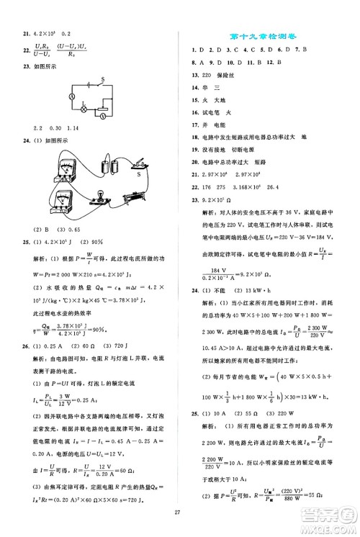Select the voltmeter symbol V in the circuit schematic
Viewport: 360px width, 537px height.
tap(105, 114)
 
